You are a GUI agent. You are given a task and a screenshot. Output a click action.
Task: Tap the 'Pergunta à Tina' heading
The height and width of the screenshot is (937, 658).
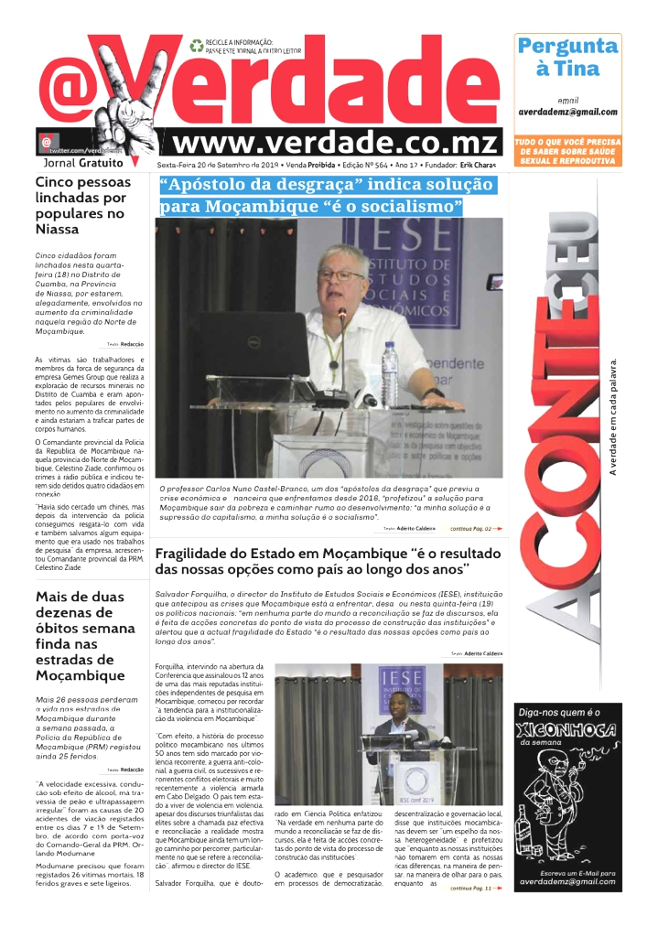pyautogui.click(x=567, y=57)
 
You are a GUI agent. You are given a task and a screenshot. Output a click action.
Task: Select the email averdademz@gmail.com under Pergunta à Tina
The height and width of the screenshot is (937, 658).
pyautogui.click(x=567, y=112)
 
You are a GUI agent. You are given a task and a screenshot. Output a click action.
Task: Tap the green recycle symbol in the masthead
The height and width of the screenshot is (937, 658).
pyautogui.click(x=196, y=44)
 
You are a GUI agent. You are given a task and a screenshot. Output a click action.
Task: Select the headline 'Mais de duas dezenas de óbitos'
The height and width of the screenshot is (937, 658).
pyautogui.click(x=85, y=636)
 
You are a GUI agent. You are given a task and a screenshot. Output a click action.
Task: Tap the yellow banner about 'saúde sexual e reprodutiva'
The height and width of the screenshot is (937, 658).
pyautogui.click(x=567, y=151)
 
